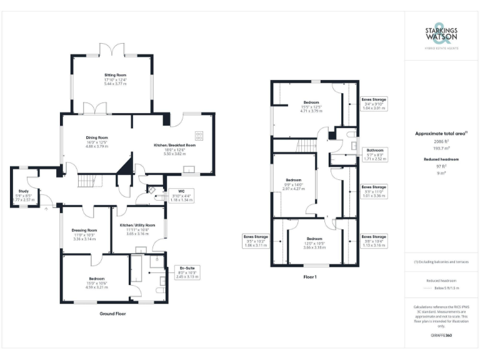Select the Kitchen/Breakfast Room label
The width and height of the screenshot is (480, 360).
pyautogui.click(x=175, y=149)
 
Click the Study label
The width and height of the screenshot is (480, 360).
pyautogui.click(x=23, y=196)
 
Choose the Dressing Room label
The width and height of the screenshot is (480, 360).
pyautogui.click(x=84, y=234)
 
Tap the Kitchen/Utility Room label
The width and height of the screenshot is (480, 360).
pyautogui.click(x=137, y=229)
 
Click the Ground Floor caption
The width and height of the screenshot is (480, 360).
pyautogui.click(x=112, y=313)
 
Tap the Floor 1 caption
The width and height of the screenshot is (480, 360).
pyautogui.click(x=310, y=276)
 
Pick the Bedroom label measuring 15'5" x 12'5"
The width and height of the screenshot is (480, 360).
pyautogui.click(x=311, y=106)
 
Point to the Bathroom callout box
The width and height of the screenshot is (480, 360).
pyautogui.click(x=375, y=154)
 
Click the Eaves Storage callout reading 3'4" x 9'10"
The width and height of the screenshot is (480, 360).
pyautogui.click(x=374, y=103)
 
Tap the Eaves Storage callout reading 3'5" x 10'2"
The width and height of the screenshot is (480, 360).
pyautogui.click(x=256, y=241)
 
